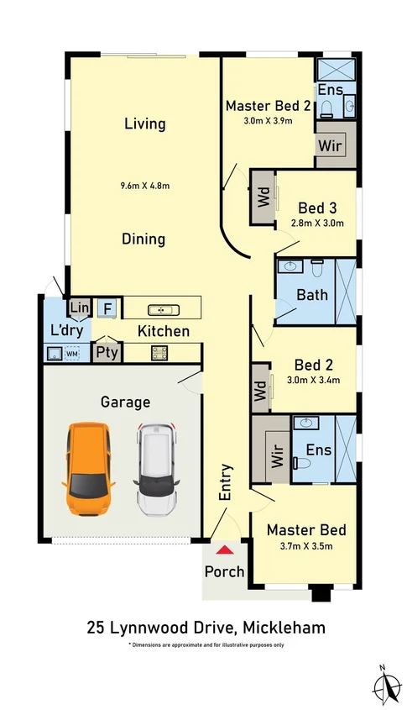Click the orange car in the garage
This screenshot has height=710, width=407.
click(x=88, y=469)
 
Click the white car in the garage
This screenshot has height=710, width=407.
click(x=156, y=469)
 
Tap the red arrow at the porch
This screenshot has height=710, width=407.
click(x=225, y=550)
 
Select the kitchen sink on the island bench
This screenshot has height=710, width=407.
click(x=164, y=310)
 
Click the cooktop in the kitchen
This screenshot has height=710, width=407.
click(x=159, y=353)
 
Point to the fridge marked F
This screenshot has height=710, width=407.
click(x=107, y=308)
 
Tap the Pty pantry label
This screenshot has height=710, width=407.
click(x=107, y=352)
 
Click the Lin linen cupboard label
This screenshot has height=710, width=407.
click(x=80, y=308)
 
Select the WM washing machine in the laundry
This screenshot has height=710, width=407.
click(x=72, y=353)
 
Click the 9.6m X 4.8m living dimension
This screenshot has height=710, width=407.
click(x=144, y=185)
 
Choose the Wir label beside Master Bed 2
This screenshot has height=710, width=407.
click(x=330, y=146)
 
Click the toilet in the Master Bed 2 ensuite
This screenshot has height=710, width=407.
click(x=326, y=108)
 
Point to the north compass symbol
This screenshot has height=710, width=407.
click(x=386, y=685)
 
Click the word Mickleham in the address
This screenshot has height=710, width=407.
click(x=284, y=628)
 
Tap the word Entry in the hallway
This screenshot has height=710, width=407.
click(x=225, y=482)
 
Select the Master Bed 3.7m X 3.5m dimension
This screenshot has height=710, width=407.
click(x=306, y=546)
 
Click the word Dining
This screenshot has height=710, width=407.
click(x=143, y=239)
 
